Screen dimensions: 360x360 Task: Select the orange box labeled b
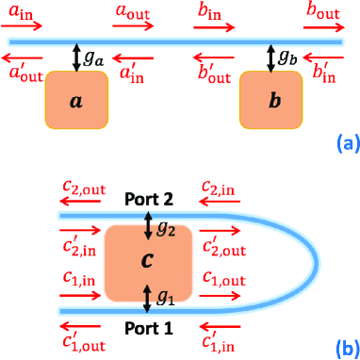click(273, 98)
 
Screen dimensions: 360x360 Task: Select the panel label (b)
click(343, 345)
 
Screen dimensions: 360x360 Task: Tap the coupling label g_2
click(165, 227)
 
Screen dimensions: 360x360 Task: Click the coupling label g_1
click(165, 297)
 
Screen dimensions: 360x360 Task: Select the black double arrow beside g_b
click(270, 56)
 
